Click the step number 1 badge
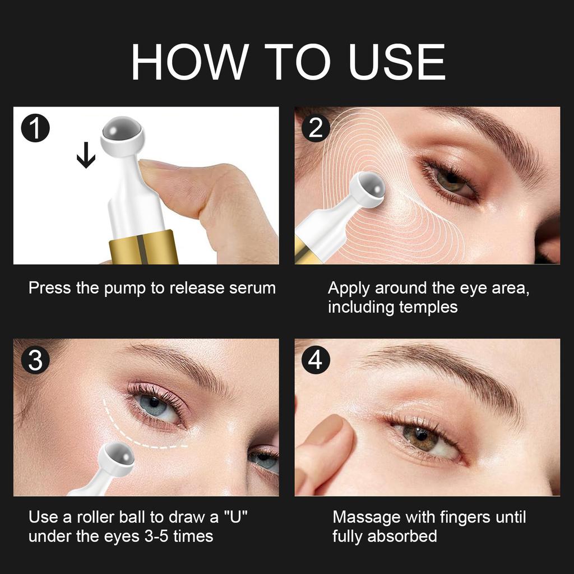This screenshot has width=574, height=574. (35, 128)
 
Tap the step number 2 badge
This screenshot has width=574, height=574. (316, 128)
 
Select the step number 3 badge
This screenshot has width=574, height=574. (35, 360)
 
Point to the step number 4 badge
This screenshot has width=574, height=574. (316, 360)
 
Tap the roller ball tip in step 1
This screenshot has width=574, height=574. (122, 133)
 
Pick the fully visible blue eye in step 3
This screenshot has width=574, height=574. (154, 405)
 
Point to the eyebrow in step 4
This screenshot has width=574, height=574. (448, 370)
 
